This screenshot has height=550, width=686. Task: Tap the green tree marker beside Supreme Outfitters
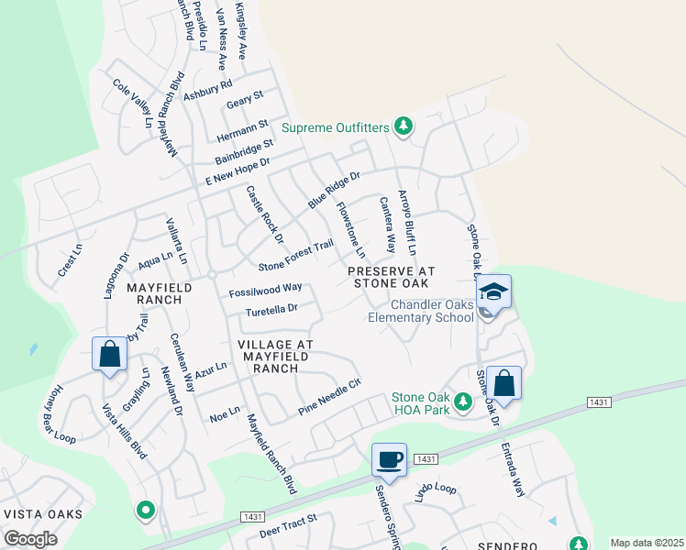402,126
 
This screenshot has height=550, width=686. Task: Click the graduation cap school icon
494,292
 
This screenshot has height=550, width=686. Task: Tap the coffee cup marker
389,458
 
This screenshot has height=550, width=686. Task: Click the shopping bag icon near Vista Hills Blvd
109,354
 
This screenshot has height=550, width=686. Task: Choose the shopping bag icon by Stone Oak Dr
503,381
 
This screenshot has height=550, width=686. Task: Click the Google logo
30,539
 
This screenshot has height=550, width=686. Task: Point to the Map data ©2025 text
646,543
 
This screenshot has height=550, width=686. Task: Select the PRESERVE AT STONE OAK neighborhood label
390,277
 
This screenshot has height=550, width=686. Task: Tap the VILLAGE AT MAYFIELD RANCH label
275,356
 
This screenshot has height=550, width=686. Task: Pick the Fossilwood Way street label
265,289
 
